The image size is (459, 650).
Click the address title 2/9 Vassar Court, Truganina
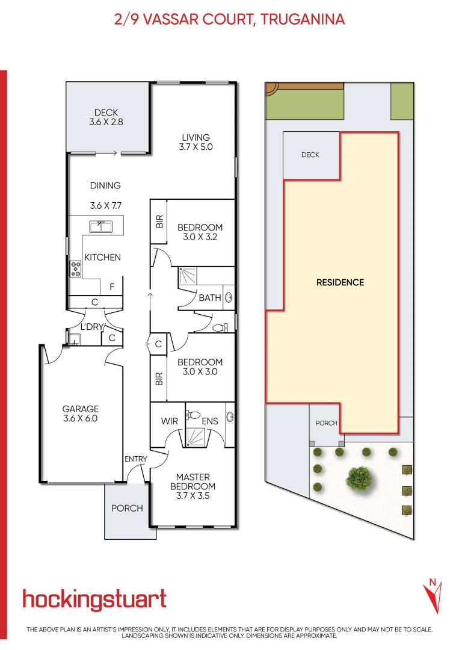pos(229,20)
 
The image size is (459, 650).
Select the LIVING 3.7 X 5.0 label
pos(196,142)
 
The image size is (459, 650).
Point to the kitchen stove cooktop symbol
pos(76,268)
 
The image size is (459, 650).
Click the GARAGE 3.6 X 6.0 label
pos(80,414)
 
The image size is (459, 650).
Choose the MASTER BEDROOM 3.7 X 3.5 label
pos(193,486)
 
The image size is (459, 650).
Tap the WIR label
pos(170,421)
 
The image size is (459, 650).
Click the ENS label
pos(209,421)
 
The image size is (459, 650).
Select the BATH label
pos(209,298)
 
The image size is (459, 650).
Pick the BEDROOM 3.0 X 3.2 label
pos(200,232)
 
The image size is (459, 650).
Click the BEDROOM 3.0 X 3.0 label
pos(200,367)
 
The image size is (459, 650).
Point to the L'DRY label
pos(93,327)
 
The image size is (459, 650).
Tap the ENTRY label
pos(136,459)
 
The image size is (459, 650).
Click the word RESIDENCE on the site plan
pos(340,282)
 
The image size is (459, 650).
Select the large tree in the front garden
pos(358,478)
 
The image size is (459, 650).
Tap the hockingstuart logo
pos(94,600)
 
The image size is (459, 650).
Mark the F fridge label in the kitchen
pos(112,288)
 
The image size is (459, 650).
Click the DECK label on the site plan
pos(310,155)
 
